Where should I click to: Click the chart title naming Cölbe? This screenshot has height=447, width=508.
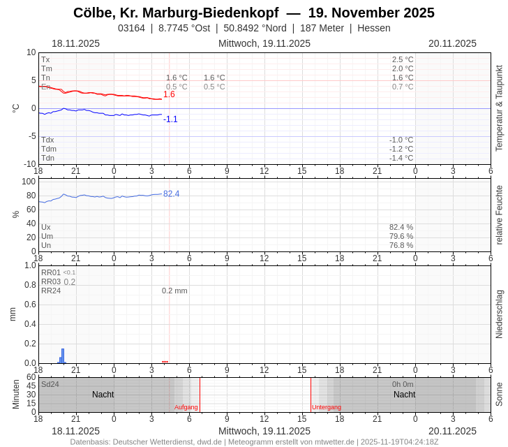(x=253, y=13)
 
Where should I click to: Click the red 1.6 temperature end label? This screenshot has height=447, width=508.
(x=169, y=94)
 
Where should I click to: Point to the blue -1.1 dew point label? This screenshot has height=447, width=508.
(x=170, y=119)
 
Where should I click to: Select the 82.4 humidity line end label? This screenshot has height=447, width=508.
(x=171, y=193)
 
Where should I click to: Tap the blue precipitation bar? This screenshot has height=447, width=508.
(x=63, y=356)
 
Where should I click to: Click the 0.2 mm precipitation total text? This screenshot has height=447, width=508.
(x=174, y=291)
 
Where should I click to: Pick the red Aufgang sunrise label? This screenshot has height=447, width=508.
(x=186, y=407)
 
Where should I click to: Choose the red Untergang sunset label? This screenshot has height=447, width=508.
(x=327, y=407)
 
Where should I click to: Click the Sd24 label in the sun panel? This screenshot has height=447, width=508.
(x=50, y=384)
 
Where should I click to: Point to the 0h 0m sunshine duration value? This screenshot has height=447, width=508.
(x=403, y=384)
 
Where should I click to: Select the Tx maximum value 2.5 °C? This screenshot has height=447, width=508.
(x=403, y=59)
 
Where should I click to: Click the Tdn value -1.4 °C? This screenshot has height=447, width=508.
(x=401, y=158)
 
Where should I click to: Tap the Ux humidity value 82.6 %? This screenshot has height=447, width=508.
(x=401, y=227)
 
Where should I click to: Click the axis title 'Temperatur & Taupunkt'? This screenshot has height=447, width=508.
(x=499, y=108)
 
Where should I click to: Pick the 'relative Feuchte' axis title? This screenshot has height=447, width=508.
(x=499, y=214)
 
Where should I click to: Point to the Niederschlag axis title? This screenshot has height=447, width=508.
(x=499, y=314)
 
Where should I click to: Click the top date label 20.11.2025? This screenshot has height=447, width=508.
(x=452, y=43)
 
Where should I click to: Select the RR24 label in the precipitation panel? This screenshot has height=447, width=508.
(x=51, y=291)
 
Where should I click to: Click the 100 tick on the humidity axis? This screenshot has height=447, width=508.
(x=29, y=182)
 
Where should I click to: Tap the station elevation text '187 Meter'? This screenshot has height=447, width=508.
(x=322, y=28)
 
